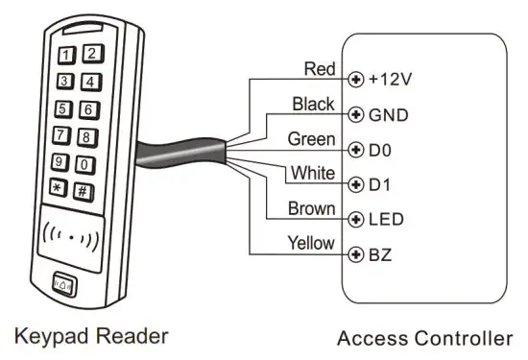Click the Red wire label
(319, 68)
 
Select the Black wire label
(315, 103)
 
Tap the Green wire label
(312, 139)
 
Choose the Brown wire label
(312, 208)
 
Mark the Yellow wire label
(311, 244)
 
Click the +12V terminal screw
(358, 79)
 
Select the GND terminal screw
(358, 114)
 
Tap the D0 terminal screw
(358, 150)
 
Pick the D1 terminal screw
(358, 183)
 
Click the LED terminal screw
(358, 219)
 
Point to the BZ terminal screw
(358, 254)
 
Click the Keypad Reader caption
(92, 336)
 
